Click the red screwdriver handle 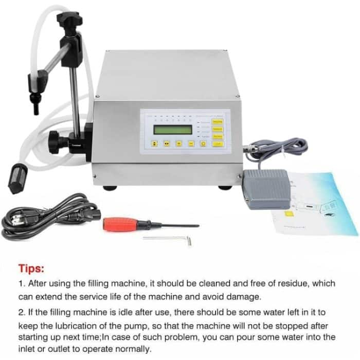(119, 224)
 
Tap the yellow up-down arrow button (154, 144)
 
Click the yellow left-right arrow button (166, 144)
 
